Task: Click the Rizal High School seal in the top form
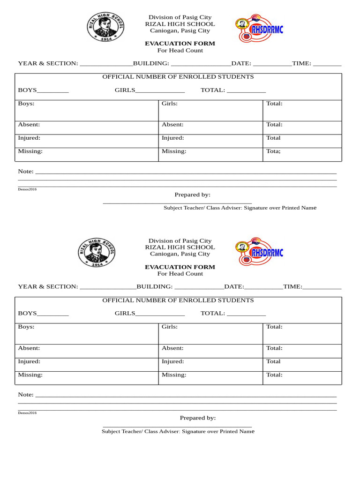click(x=105, y=27)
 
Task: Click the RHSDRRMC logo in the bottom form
click(x=259, y=252)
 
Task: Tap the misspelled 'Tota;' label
click(x=273, y=151)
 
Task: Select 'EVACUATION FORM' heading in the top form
click(x=180, y=44)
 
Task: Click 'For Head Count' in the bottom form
click(x=180, y=274)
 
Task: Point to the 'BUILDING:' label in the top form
click(x=151, y=63)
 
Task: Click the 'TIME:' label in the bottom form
click(x=292, y=286)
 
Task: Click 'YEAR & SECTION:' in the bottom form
click(x=48, y=286)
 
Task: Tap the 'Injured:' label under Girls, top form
click(x=172, y=138)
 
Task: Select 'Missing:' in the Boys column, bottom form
click(x=30, y=375)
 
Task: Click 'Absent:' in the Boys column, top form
click(x=29, y=125)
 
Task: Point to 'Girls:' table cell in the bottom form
click(x=170, y=327)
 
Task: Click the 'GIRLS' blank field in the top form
click(x=160, y=90)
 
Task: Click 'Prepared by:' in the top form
click(x=192, y=195)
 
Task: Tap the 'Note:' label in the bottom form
click(x=26, y=395)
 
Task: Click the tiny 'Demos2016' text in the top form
click(x=27, y=189)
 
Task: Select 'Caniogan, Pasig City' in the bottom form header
click(x=180, y=254)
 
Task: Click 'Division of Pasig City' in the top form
click(x=180, y=17)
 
